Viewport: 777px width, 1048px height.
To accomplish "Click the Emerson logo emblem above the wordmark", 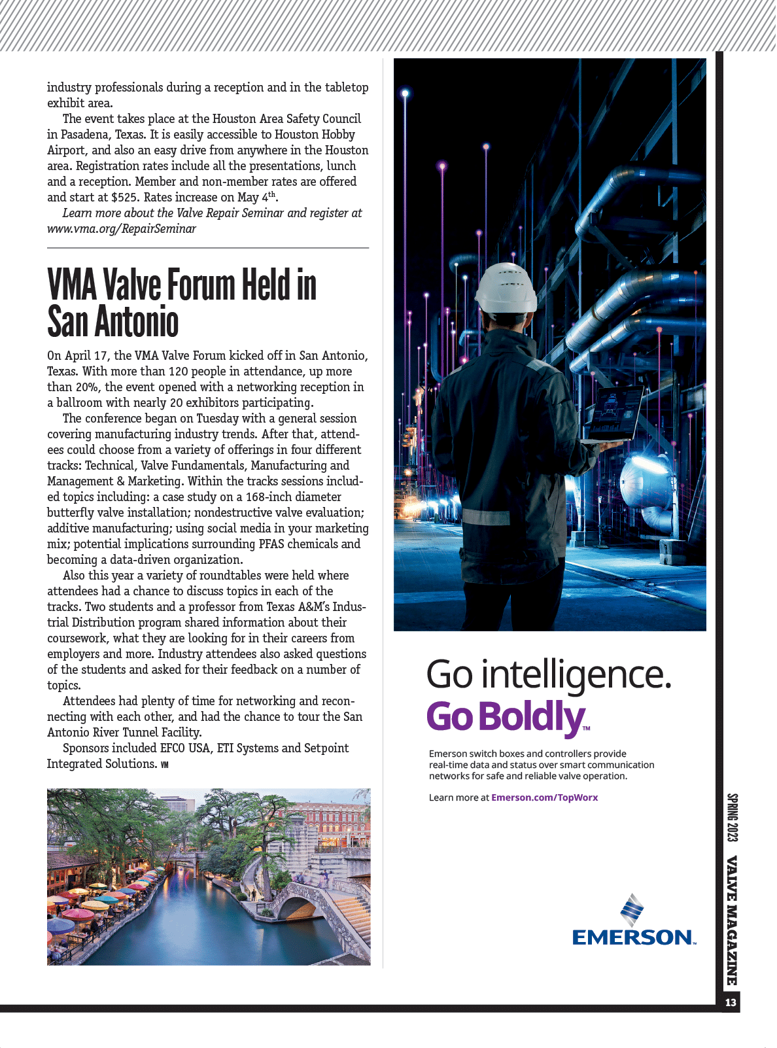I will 632,909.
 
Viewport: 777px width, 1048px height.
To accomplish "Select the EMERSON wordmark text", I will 633,937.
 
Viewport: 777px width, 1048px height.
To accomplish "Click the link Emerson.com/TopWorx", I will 544,797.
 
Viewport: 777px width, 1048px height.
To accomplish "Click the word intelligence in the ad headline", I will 576,674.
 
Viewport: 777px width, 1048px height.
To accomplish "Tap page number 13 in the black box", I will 731,1002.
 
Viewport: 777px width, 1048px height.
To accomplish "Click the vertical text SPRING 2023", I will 732,818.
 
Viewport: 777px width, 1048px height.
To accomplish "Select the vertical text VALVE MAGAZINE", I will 732,920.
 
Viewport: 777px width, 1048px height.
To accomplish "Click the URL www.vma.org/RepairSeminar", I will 122,229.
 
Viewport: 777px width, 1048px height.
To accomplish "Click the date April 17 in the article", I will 86,356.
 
